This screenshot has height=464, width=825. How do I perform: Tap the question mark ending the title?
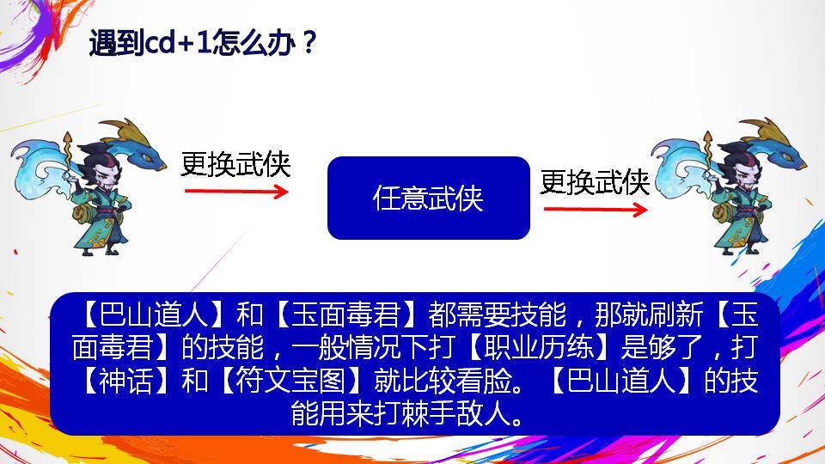(309, 42)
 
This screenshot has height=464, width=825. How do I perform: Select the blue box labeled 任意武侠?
(428, 198)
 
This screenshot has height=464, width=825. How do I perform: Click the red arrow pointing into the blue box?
(236, 191)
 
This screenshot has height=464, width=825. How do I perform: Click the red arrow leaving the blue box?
(596, 210)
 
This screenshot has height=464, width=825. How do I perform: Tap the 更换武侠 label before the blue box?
(235, 164)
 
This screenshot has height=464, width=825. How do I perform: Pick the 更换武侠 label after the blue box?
(595, 182)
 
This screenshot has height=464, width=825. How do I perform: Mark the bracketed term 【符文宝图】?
(291, 381)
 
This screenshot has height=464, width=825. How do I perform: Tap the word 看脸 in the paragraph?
(483, 381)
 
